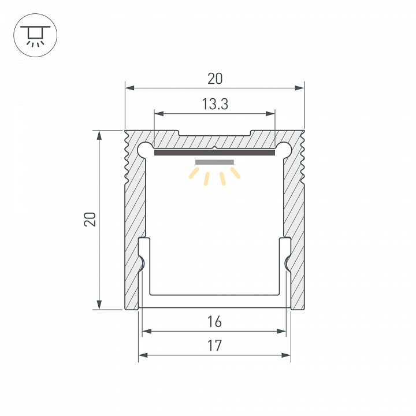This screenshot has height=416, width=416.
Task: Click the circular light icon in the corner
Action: pyautogui.click(x=35, y=35)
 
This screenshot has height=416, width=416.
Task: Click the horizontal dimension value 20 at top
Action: pyautogui.click(x=214, y=79)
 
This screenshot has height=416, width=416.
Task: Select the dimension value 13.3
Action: pyautogui.click(x=214, y=105)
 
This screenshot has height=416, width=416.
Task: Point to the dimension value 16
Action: pyautogui.click(x=214, y=321)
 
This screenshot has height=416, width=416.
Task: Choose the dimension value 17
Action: pyautogui.click(x=214, y=346)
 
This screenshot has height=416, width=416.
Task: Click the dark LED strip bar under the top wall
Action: pyautogui.click(x=214, y=153)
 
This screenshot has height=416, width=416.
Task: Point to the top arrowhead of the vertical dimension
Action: pyautogui.click(x=100, y=135)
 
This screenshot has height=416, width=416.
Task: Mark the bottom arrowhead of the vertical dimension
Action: pyautogui.click(x=100, y=304)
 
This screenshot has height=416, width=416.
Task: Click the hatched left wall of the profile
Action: pyautogui.click(x=134, y=220)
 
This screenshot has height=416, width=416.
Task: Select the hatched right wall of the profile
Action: pyautogui.click(x=294, y=220)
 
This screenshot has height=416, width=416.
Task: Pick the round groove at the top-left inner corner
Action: pyautogui.click(x=144, y=149)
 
